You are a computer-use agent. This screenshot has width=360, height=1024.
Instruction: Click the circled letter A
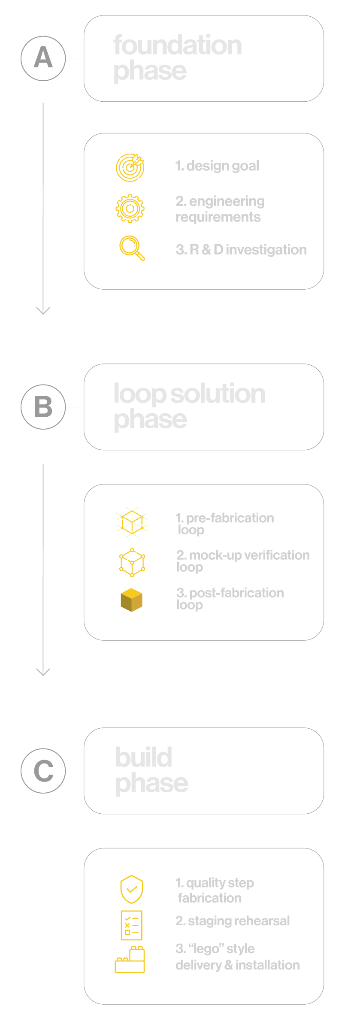click(x=43, y=58)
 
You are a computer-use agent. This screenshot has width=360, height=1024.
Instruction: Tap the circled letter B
click(x=43, y=407)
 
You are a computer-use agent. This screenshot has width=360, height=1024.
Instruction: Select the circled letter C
click(x=43, y=771)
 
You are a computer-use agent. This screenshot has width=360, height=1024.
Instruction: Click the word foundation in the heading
click(x=178, y=45)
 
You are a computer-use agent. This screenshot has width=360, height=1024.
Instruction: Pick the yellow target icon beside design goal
click(x=130, y=167)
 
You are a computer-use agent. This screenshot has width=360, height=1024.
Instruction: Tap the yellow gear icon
click(x=130, y=209)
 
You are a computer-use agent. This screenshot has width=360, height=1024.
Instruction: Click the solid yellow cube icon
click(x=131, y=600)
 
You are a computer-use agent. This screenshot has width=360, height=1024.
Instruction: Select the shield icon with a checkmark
click(x=131, y=889)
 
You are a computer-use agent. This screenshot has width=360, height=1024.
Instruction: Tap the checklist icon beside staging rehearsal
click(x=131, y=926)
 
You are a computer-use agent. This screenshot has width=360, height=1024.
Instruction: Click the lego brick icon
click(x=130, y=960)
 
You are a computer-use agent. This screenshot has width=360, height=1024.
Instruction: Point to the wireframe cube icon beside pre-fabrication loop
click(x=132, y=522)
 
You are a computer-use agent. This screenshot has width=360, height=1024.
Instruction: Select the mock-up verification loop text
click(x=242, y=560)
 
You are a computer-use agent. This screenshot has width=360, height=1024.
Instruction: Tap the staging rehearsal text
click(x=233, y=921)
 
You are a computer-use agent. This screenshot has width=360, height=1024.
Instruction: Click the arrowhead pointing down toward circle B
click(x=43, y=311)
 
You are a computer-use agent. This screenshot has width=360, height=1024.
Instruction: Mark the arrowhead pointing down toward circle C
click(x=43, y=672)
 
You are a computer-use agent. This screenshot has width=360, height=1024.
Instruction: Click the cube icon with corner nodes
click(x=132, y=562)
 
